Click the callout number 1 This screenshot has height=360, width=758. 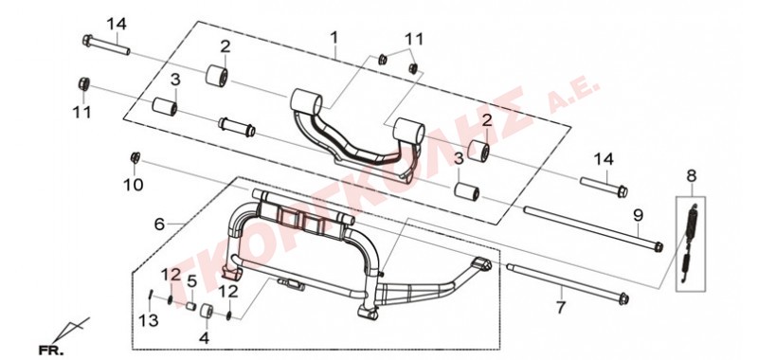(334, 37)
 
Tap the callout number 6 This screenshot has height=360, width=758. (159, 224)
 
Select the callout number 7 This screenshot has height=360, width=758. (560, 307)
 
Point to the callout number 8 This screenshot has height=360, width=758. (692, 176)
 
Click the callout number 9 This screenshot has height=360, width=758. (638, 215)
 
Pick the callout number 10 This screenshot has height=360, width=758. (134, 184)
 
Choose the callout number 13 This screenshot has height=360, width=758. (149, 319)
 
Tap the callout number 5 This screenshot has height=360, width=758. (192, 280)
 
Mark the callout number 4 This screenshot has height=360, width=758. (205, 338)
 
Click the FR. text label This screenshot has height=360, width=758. (51, 351)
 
